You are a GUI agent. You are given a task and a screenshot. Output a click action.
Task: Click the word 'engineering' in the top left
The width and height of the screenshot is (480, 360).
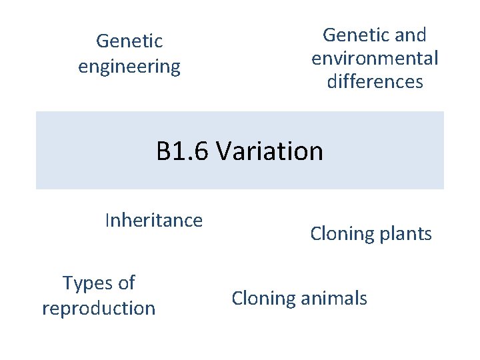point(129,67)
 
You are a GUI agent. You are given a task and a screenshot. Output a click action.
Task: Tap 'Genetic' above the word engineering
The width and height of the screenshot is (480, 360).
point(129,41)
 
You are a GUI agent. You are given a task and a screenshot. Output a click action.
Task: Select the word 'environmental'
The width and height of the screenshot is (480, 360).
point(375,59)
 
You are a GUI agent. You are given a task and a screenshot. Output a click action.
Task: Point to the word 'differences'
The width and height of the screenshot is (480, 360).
point(375,82)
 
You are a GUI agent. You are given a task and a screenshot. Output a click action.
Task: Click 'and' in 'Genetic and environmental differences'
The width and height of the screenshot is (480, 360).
point(409,35)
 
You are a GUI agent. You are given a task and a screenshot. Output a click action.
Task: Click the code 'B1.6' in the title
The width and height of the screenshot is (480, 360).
point(183,151)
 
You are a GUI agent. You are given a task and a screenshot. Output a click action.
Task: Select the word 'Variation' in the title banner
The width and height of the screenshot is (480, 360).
point(269,151)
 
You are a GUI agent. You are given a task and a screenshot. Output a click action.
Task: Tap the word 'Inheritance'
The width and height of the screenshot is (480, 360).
point(153,220)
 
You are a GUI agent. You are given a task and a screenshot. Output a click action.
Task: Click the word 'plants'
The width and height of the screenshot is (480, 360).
point(404,234)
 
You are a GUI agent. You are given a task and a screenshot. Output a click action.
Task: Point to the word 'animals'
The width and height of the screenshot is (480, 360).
point(333,298)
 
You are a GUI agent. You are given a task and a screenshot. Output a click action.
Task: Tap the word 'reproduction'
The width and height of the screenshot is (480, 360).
point(99,309)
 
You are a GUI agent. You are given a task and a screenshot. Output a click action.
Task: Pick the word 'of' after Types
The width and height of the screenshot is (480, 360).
point(126,283)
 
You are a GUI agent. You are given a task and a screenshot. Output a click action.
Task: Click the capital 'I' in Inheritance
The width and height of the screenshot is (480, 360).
point(107,220)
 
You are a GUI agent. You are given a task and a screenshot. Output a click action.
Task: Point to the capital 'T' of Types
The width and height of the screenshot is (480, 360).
point(67,283)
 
